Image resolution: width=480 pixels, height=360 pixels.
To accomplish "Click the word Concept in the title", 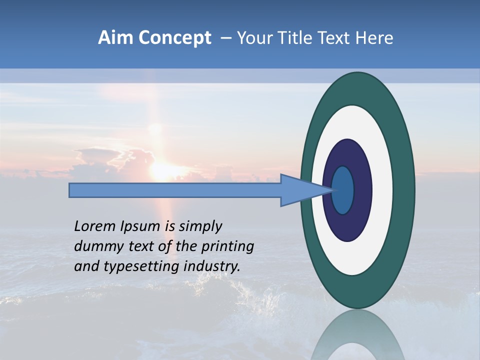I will (174, 38).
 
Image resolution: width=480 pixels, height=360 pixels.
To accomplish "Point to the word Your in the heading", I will (251, 38).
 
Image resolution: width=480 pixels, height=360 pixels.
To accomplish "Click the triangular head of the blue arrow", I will (300, 190).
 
